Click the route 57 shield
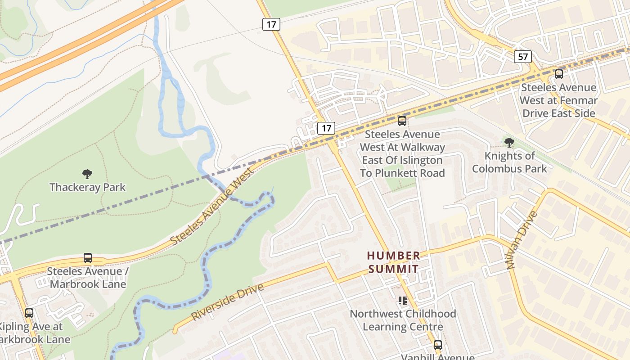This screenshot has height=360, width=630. (x=522, y=57)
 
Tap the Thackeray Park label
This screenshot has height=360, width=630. (x=87, y=187)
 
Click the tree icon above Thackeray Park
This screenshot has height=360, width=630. (x=87, y=174)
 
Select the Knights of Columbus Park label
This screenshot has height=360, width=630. (x=509, y=162)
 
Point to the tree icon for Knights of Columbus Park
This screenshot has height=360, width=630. (x=509, y=143)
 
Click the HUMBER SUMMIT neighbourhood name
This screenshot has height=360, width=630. (x=394, y=262)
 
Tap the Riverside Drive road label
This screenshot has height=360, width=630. (x=227, y=301)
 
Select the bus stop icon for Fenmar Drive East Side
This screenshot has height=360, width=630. (x=558, y=74)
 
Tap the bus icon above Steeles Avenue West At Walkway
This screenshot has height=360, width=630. (x=402, y=121)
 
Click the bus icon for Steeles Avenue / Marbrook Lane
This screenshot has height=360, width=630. (x=88, y=258)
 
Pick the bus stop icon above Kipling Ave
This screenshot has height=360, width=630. (x=29, y=313)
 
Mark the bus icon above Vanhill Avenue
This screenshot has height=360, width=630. (x=437, y=345)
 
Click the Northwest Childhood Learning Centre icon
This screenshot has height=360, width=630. (x=403, y=300)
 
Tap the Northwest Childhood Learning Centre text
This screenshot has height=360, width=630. (x=403, y=320)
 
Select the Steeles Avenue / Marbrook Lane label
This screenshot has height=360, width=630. (x=88, y=278)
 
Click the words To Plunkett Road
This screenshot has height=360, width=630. (x=402, y=173)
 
